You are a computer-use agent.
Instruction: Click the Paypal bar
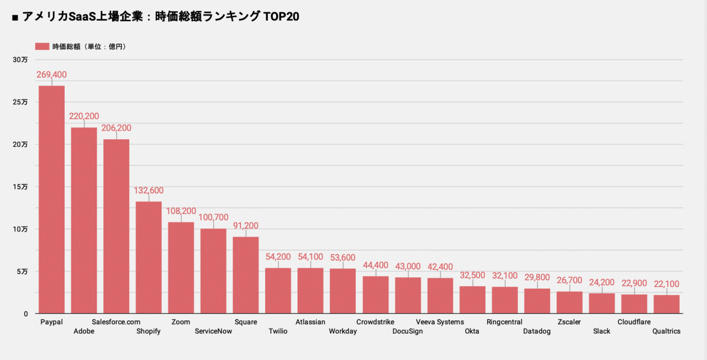pos(51,199)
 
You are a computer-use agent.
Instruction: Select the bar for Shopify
pos(149,257)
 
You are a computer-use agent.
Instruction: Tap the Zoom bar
pos(181,268)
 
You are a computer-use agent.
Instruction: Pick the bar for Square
pos(246,275)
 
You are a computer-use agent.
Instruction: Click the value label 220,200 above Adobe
pos(84,117)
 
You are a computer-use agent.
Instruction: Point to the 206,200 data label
pos(116,128)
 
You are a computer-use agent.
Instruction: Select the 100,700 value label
pos(213,218)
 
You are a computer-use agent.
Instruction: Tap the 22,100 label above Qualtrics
pos(666,284)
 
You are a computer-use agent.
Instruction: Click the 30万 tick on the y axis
pos(20,60)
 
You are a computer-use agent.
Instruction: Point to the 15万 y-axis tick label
pos(20,187)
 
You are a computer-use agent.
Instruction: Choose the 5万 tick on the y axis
pos(22,272)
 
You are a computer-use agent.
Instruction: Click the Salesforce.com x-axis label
pos(116,322)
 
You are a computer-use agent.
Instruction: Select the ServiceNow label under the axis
pos(213,331)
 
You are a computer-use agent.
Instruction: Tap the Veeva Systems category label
pos(440,322)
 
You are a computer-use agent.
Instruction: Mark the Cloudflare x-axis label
pos(634,322)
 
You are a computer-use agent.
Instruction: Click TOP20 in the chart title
pos(281,17)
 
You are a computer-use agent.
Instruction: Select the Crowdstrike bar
pos(376,295)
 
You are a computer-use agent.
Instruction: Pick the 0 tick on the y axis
pos(25,314)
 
